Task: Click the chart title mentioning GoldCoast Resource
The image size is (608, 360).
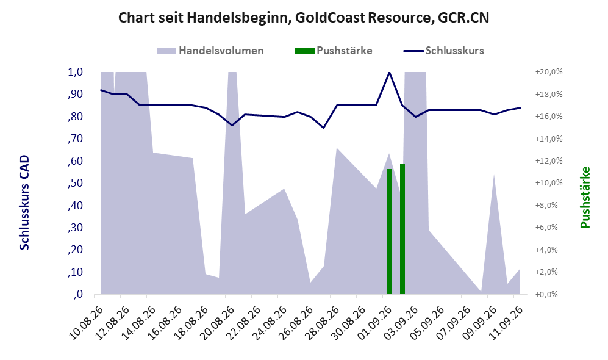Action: coord(304,18)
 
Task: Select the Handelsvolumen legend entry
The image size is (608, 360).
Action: coord(210,51)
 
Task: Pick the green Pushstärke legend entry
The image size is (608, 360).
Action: coord(334,51)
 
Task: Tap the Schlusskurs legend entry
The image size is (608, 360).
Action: coord(443,51)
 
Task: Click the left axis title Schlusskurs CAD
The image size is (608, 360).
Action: coord(24,203)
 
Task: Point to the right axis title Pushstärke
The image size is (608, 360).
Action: coord(585,197)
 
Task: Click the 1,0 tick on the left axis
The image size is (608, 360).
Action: coord(75,72)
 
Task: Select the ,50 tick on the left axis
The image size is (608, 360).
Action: coord(75,183)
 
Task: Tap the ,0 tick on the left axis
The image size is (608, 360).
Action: coord(78,294)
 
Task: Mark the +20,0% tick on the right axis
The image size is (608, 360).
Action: coord(549,72)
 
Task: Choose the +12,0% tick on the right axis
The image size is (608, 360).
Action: coord(549,161)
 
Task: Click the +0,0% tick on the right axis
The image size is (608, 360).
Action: coord(549,295)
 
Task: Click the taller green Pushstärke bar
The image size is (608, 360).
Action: coord(402,229)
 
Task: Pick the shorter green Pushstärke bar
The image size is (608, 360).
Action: coord(389,232)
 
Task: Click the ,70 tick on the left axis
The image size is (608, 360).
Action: coord(75,139)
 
